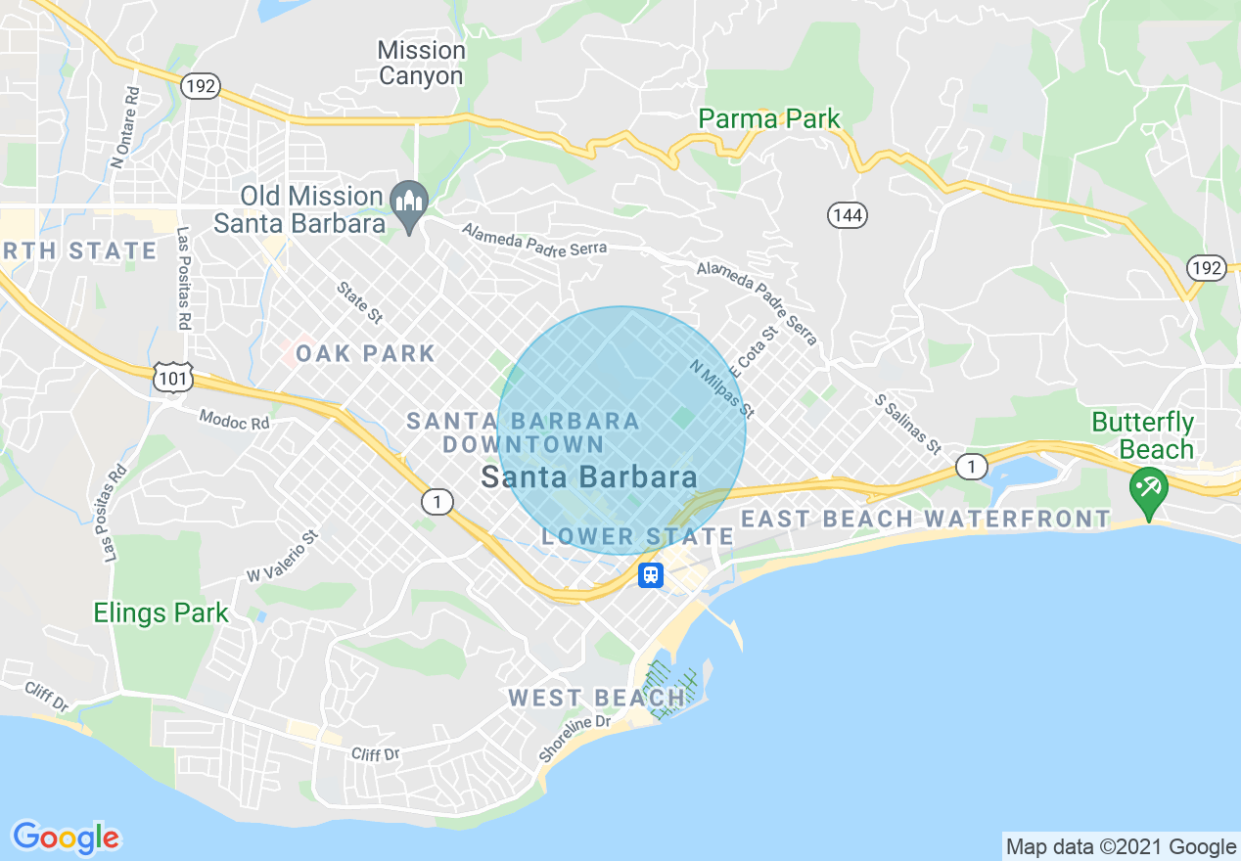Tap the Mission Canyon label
click(x=421, y=64)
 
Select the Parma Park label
click(x=768, y=119)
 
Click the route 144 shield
click(x=848, y=215)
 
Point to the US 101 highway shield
click(x=173, y=378)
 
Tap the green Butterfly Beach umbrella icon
click(x=1147, y=487)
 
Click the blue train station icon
click(x=651, y=574)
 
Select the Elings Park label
click(x=161, y=613)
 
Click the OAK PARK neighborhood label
click(x=365, y=353)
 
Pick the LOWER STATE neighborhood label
click(x=637, y=536)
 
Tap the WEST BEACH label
click(x=596, y=698)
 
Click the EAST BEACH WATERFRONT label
click(x=926, y=519)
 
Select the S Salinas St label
click(x=907, y=425)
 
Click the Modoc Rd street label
click(x=234, y=421)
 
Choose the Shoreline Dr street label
click(x=575, y=740)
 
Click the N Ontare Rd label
click(x=126, y=128)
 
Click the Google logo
click(x=66, y=838)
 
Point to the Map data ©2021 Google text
click(x=1121, y=846)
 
